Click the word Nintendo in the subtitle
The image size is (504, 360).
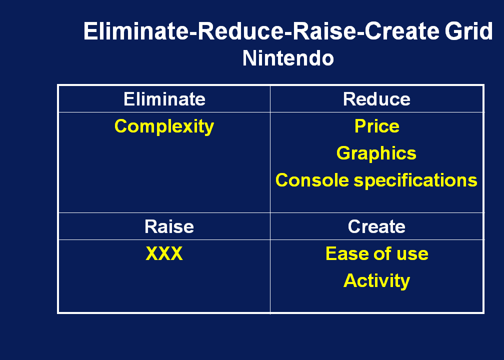pos(288,58)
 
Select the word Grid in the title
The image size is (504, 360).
pos(468,31)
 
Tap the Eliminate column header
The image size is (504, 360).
pos(164,99)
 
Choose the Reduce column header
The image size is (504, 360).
pos(376,99)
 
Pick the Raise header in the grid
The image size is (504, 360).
pos(169,226)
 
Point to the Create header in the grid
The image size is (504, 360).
pos(376,226)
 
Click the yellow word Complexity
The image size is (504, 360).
pos(164,126)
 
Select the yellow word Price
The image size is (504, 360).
pos(376,126)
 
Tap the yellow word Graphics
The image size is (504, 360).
pos(376,153)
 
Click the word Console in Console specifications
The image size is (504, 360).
pos(312,180)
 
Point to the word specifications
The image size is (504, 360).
pos(415,180)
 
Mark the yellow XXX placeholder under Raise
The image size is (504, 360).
pos(164,253)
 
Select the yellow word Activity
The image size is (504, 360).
pos(376,281)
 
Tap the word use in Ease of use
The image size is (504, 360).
pos(412,254)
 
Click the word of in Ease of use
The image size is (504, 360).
pos(382,253)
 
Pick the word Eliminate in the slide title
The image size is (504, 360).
pos(135,31)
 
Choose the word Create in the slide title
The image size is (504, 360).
pos(402,31)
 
